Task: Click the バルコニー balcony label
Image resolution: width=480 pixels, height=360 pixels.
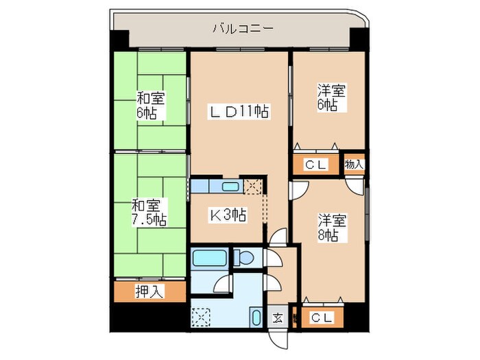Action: (242, 29)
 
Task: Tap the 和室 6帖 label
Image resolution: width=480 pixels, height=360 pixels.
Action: (150, 105)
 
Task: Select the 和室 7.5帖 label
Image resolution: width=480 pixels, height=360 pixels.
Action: (149, 212)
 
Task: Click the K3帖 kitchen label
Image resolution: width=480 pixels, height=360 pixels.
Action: (228, 215)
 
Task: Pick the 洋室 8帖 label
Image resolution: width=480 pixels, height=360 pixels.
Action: (331, 228)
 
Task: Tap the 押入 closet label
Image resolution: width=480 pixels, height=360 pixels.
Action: (149, 291)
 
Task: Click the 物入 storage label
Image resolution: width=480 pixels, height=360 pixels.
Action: (355, 165)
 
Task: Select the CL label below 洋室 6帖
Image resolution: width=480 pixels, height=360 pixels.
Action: (317, 165)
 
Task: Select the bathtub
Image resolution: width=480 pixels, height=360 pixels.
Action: (208, 259)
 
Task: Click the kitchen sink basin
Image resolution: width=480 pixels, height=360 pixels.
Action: (230, 186)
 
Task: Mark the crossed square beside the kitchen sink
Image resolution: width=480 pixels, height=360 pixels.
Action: (253, 186)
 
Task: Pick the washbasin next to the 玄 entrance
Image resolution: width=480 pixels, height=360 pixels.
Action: (255, 318)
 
